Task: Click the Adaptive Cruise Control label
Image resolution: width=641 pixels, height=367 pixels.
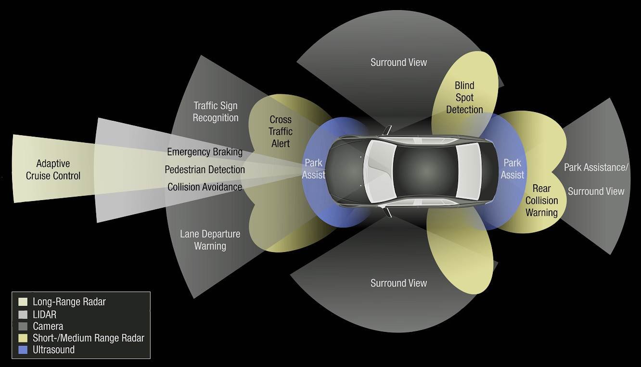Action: click(x=53, y=170)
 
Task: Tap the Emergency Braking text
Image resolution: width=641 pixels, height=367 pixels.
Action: click(x=205, y=152)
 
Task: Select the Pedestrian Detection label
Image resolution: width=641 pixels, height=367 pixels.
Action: click(x=205, y=169)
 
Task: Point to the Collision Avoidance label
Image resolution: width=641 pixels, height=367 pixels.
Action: click(x=205, y=187)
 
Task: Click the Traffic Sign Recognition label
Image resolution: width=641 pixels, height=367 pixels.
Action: click(x=216, y=112)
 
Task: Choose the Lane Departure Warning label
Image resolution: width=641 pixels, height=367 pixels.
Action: click(x=210, y=240)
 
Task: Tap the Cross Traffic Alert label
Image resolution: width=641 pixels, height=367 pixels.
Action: click(x=281, y=132)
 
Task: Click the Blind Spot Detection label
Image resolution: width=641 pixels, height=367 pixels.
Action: click(x=464, y=98)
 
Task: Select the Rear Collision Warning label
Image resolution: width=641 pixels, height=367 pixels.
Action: click(x=542, y=201)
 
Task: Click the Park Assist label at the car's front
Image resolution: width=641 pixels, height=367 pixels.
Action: click(x=314, y=169)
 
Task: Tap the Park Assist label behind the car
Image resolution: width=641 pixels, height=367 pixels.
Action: click(x=512, y=169)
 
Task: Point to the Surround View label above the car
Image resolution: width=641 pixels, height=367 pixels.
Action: click(x=398, y=63)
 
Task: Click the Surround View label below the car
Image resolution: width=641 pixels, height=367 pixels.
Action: click(x=398, y=283)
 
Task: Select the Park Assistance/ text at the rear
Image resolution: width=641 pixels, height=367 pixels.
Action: click(x=596, y=167)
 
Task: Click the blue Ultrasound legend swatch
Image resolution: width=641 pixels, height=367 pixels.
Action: click(x=23, y=350)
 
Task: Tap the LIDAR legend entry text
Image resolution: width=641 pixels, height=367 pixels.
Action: click(x=45, y=315)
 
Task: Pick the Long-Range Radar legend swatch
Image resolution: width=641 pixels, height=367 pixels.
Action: click(x=23, y=302)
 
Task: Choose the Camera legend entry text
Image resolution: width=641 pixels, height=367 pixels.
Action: click(x=48, y=327)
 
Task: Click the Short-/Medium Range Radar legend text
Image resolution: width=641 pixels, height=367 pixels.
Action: click(x=89, y=338)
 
